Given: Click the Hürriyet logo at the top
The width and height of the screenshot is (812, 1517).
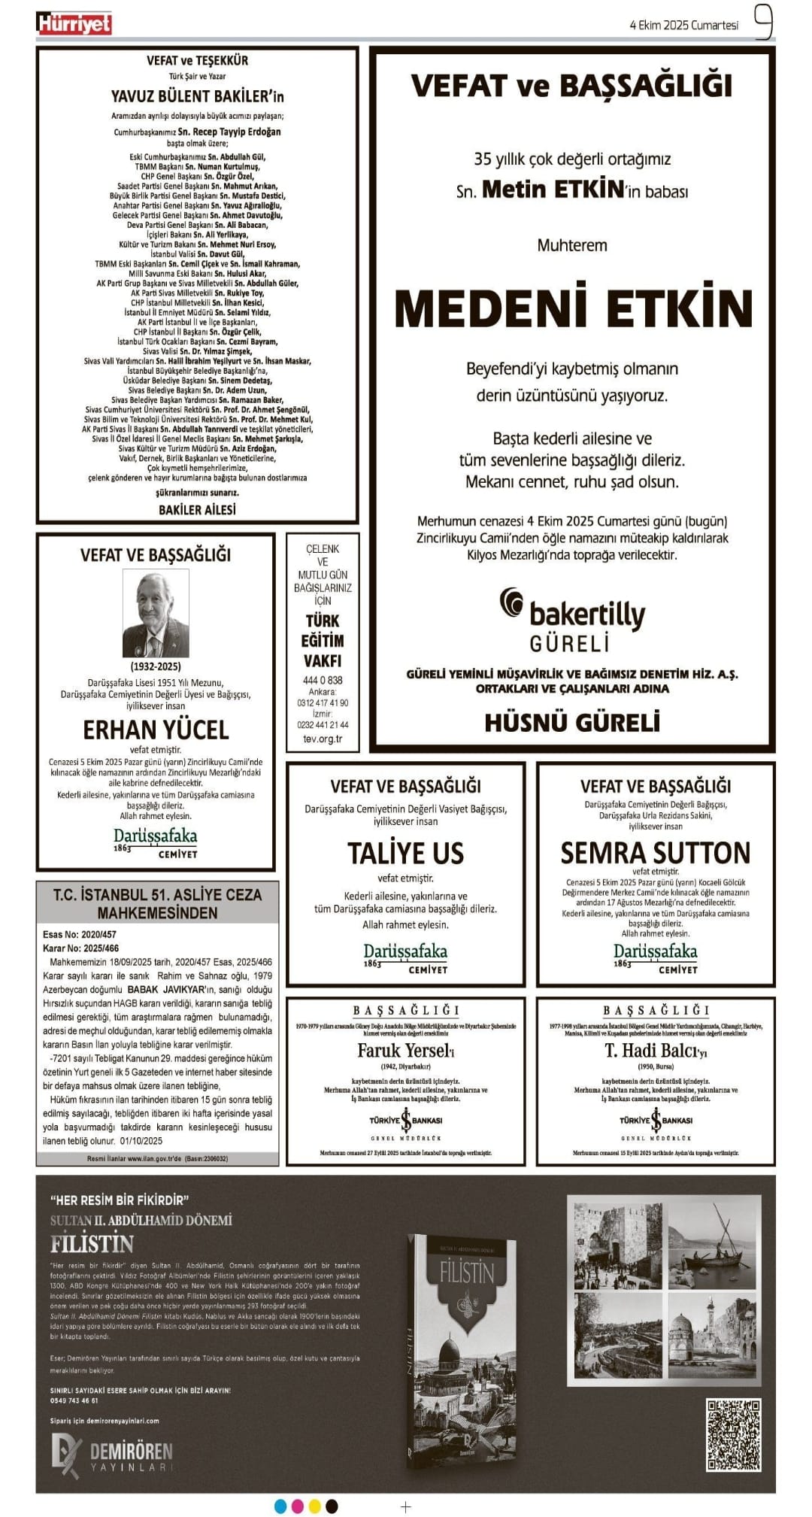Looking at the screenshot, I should [74, 24].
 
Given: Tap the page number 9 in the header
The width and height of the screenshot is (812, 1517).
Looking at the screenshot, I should [762, 23].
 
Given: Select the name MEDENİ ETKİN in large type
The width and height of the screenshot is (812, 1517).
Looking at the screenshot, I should [573, 308].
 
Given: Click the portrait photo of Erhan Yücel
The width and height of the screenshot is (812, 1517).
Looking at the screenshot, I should [156, 614].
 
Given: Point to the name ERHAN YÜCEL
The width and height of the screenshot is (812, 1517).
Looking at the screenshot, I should [156, 730].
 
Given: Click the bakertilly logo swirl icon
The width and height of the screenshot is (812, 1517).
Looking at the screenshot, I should [512, 603].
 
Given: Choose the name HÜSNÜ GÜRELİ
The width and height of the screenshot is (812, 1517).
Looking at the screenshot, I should [572, 723].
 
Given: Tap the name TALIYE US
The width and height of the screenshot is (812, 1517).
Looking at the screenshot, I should [405, 853].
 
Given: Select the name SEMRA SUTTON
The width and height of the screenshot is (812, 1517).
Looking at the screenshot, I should [655, 853].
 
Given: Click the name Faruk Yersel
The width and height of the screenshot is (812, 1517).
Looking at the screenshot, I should [404, 1051].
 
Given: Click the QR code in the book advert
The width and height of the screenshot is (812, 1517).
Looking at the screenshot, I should [733, 1434].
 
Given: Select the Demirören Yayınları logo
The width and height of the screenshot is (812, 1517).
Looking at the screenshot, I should [112, 1456].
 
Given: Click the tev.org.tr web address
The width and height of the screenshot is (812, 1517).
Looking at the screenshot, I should [323, 739].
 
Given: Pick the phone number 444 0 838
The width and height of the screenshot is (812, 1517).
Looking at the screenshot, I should [323, 680].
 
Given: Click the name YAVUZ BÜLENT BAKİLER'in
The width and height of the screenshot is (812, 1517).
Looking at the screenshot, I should [197, 96].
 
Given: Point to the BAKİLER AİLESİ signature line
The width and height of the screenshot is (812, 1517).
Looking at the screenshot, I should [197, 510].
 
